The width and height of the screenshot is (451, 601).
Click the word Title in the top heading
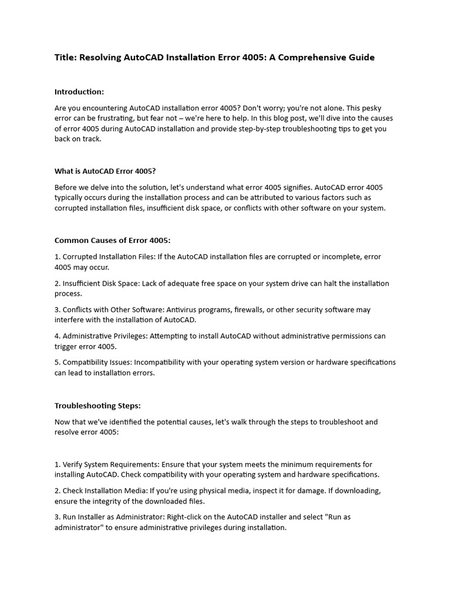[65, 58]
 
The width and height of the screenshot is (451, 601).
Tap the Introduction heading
[79, 92]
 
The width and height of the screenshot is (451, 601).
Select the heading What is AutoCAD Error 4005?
[105, 171]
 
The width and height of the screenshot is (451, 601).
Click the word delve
[111, 187]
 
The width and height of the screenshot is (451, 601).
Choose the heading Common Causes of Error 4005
[112, 240]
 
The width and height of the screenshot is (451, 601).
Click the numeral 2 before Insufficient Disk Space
[56, 283]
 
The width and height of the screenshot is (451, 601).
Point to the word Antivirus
[179, 310]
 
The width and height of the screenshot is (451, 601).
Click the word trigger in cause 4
[66, 346]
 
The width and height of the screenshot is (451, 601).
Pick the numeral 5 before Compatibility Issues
[56, 362]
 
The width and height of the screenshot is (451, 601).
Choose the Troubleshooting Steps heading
[97, 406]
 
